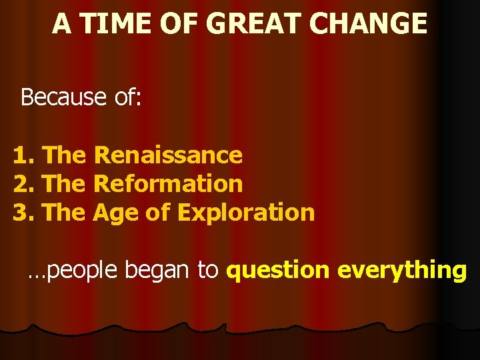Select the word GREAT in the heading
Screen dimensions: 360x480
click(251, 24)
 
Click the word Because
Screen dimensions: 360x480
click(63, 97)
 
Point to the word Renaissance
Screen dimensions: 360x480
click(168, 155)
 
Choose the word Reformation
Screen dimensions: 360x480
click(168, 183)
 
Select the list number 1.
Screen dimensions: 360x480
click(21, 155)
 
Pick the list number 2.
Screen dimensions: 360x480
click(21, 183)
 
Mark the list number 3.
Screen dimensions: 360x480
click(21, 212)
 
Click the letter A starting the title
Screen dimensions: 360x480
click(61, 24)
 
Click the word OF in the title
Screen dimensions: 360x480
click(181, 24)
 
